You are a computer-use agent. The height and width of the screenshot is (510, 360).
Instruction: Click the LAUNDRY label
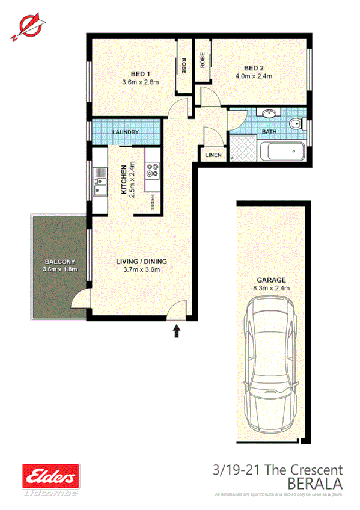point(126,132)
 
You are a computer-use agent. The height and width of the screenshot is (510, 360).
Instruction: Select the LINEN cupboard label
point(213,155)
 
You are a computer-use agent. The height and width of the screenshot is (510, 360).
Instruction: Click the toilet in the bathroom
point(295,126)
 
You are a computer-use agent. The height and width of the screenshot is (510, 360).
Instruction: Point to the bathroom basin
point(269,114)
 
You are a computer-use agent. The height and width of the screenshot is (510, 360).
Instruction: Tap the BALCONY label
point(59,262)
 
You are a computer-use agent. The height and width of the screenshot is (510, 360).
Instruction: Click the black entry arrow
point(177,330)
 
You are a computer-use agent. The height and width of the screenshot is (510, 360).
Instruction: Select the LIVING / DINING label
point(141,262)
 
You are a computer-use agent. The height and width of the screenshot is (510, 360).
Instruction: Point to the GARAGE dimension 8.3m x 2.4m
point(272,288)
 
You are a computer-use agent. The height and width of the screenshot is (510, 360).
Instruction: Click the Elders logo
point(50,476)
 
